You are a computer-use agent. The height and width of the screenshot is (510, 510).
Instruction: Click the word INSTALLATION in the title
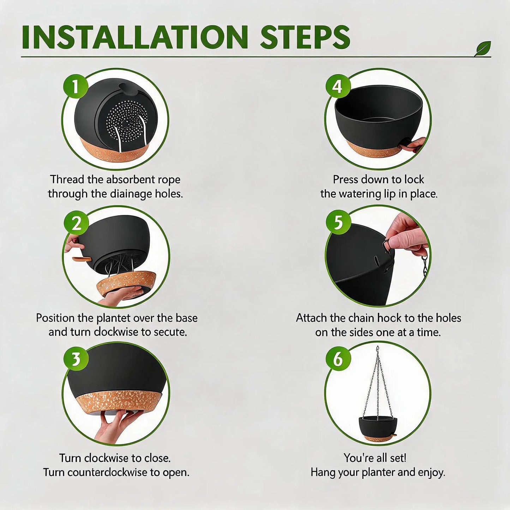coord(135,37)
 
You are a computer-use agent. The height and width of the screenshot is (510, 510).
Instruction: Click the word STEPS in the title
coord(305,37)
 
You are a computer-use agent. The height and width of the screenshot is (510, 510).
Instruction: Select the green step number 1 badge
coord(76,86)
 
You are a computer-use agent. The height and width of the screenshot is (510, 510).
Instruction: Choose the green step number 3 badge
coord(76,359)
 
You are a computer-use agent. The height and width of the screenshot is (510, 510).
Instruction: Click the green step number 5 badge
coord(338,222)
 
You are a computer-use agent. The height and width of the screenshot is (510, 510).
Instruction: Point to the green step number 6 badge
coord(338,359)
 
